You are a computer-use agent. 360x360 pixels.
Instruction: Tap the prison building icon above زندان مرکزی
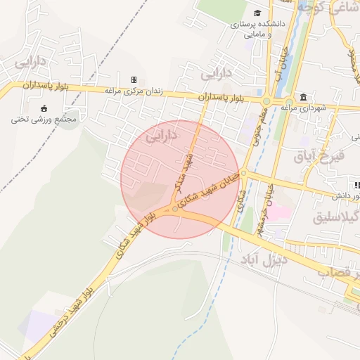click(x=134, y=79)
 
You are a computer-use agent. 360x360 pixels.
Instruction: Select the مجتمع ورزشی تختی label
click(x=44, y=119)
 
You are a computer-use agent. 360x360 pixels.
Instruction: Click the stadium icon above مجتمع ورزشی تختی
click(x=44, y=108)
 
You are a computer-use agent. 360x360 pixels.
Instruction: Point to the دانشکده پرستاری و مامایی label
click(x=258, y=27)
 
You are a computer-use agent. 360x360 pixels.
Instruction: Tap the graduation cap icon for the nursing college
click(x=258, y=13)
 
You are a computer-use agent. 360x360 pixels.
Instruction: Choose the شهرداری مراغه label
click(x=305, y=108)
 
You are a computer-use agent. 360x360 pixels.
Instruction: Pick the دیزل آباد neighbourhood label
click(x=261, y=261)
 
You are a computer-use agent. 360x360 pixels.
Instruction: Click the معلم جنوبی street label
click(x=257, y=127)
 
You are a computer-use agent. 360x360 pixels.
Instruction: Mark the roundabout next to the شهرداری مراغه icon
click(x=266, y=101)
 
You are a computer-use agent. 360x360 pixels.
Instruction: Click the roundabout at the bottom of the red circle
click(x=175, y=209)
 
